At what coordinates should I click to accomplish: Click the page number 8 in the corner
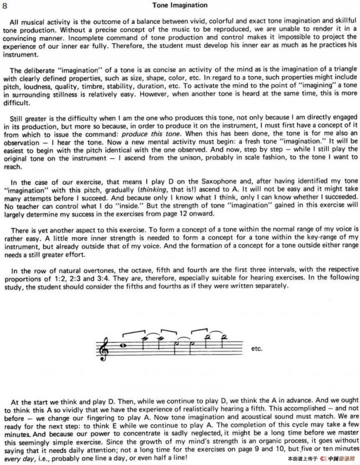(5, 5)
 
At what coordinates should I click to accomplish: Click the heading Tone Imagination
(180, 5)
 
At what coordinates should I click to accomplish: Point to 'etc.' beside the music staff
(256, 349)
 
